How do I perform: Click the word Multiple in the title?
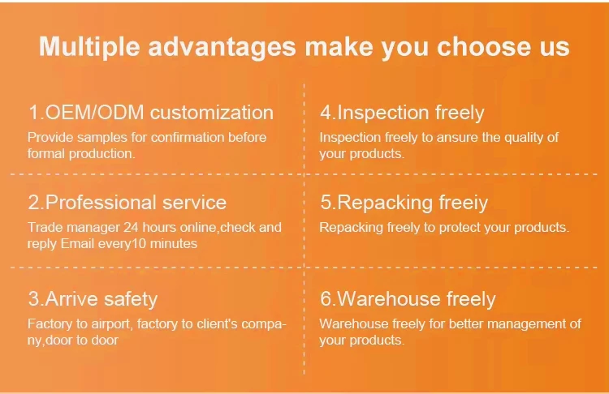click(x=89, y=47)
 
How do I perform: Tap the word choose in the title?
click(x=484, y=46)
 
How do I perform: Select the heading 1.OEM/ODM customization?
click(x=151, y=113)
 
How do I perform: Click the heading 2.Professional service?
click(x=127, y=203)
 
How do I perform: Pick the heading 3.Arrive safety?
click(x=93, y=299)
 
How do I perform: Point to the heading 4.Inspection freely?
click(x=402, y=113)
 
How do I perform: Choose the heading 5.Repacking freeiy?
click(x=404, y=203)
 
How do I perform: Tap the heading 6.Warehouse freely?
click(x=408, y=299)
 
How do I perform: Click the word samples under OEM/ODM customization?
click(x=102, y=138)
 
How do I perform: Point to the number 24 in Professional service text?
click(x=131, y=227)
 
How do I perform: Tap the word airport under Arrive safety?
click(x=112, y=324)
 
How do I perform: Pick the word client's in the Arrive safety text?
click(x=217, y=323)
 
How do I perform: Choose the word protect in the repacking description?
click(x=460, y=228)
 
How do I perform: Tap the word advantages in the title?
click(x=222, y=47)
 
